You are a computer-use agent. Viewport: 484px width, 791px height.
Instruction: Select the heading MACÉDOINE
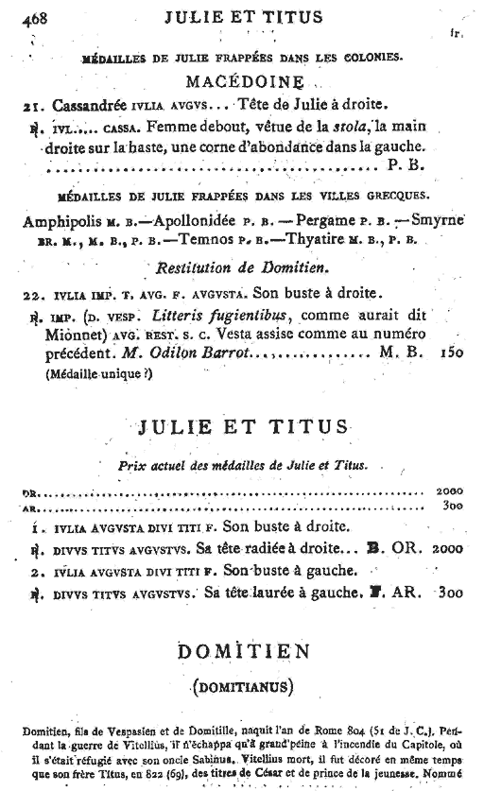pos(241,80)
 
